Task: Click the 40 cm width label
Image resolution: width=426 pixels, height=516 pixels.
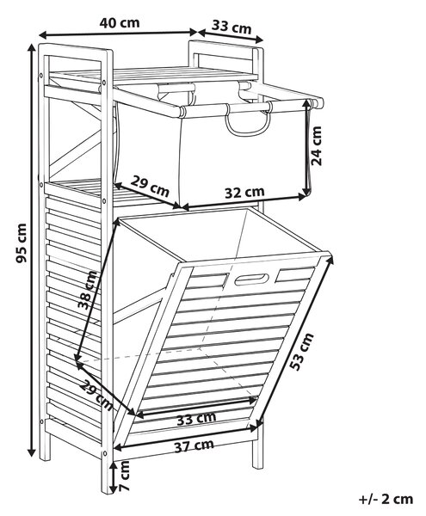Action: [x=120, y=22]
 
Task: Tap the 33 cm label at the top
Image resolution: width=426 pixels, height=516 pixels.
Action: [x=232, y=27]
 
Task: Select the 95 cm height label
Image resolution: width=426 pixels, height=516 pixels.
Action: [x=22, y=243]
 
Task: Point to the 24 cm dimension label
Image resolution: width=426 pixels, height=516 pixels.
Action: [x=317, y=145]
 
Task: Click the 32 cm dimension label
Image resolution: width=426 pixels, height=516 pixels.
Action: [x=244, y=192]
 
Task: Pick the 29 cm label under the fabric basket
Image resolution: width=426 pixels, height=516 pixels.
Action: [x=150, y=186]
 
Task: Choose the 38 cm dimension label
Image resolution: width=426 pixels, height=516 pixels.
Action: [x=89, y=290]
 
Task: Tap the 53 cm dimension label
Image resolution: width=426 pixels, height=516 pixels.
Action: [x=302, y=352]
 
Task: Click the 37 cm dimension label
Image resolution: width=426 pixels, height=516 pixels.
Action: [x=194, y=446]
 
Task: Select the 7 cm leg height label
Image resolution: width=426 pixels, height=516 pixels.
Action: [x=125, y=476]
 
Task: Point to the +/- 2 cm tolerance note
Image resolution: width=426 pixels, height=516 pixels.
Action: [x=386, y=499]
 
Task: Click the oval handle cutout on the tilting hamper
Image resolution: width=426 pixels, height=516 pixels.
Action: [x=251, y=279]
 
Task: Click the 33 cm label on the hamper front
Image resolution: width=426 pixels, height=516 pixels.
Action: [x=196, y=418]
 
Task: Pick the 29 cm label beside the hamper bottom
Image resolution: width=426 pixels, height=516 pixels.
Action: [x=96, y=396]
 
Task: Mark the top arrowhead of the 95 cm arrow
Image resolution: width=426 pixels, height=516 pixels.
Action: [x=32, y=47]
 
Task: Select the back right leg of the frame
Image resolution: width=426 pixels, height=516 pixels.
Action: [x=258, y=449]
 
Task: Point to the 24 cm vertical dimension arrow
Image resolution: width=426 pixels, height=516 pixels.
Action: [x=308, y=147]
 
